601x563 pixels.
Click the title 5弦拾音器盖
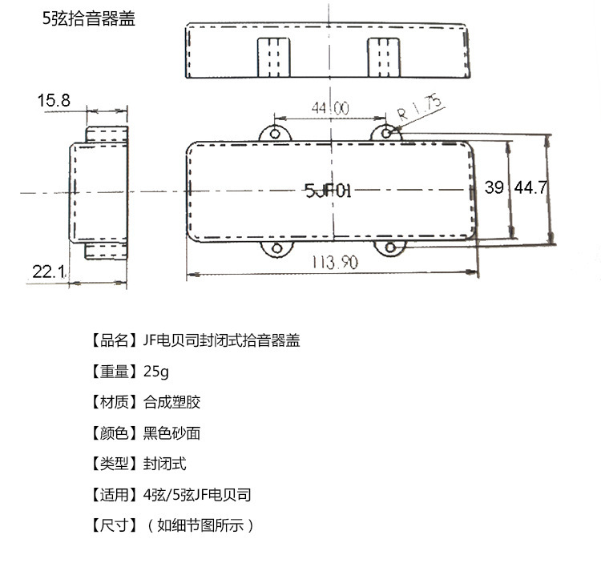[x=88, y=18]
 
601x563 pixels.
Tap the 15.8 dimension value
[x=54, y=100]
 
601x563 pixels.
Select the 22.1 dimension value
[x=49, y=271]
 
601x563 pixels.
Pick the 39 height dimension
[x=494, y=187]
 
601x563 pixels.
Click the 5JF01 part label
[x=329, y=190]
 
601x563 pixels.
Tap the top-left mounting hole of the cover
[x=276, y=133]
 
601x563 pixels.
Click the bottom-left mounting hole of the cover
[x=277, y=249]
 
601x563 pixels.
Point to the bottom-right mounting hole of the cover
[x=390, y=249]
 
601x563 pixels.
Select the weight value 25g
[x=157, y=372]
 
